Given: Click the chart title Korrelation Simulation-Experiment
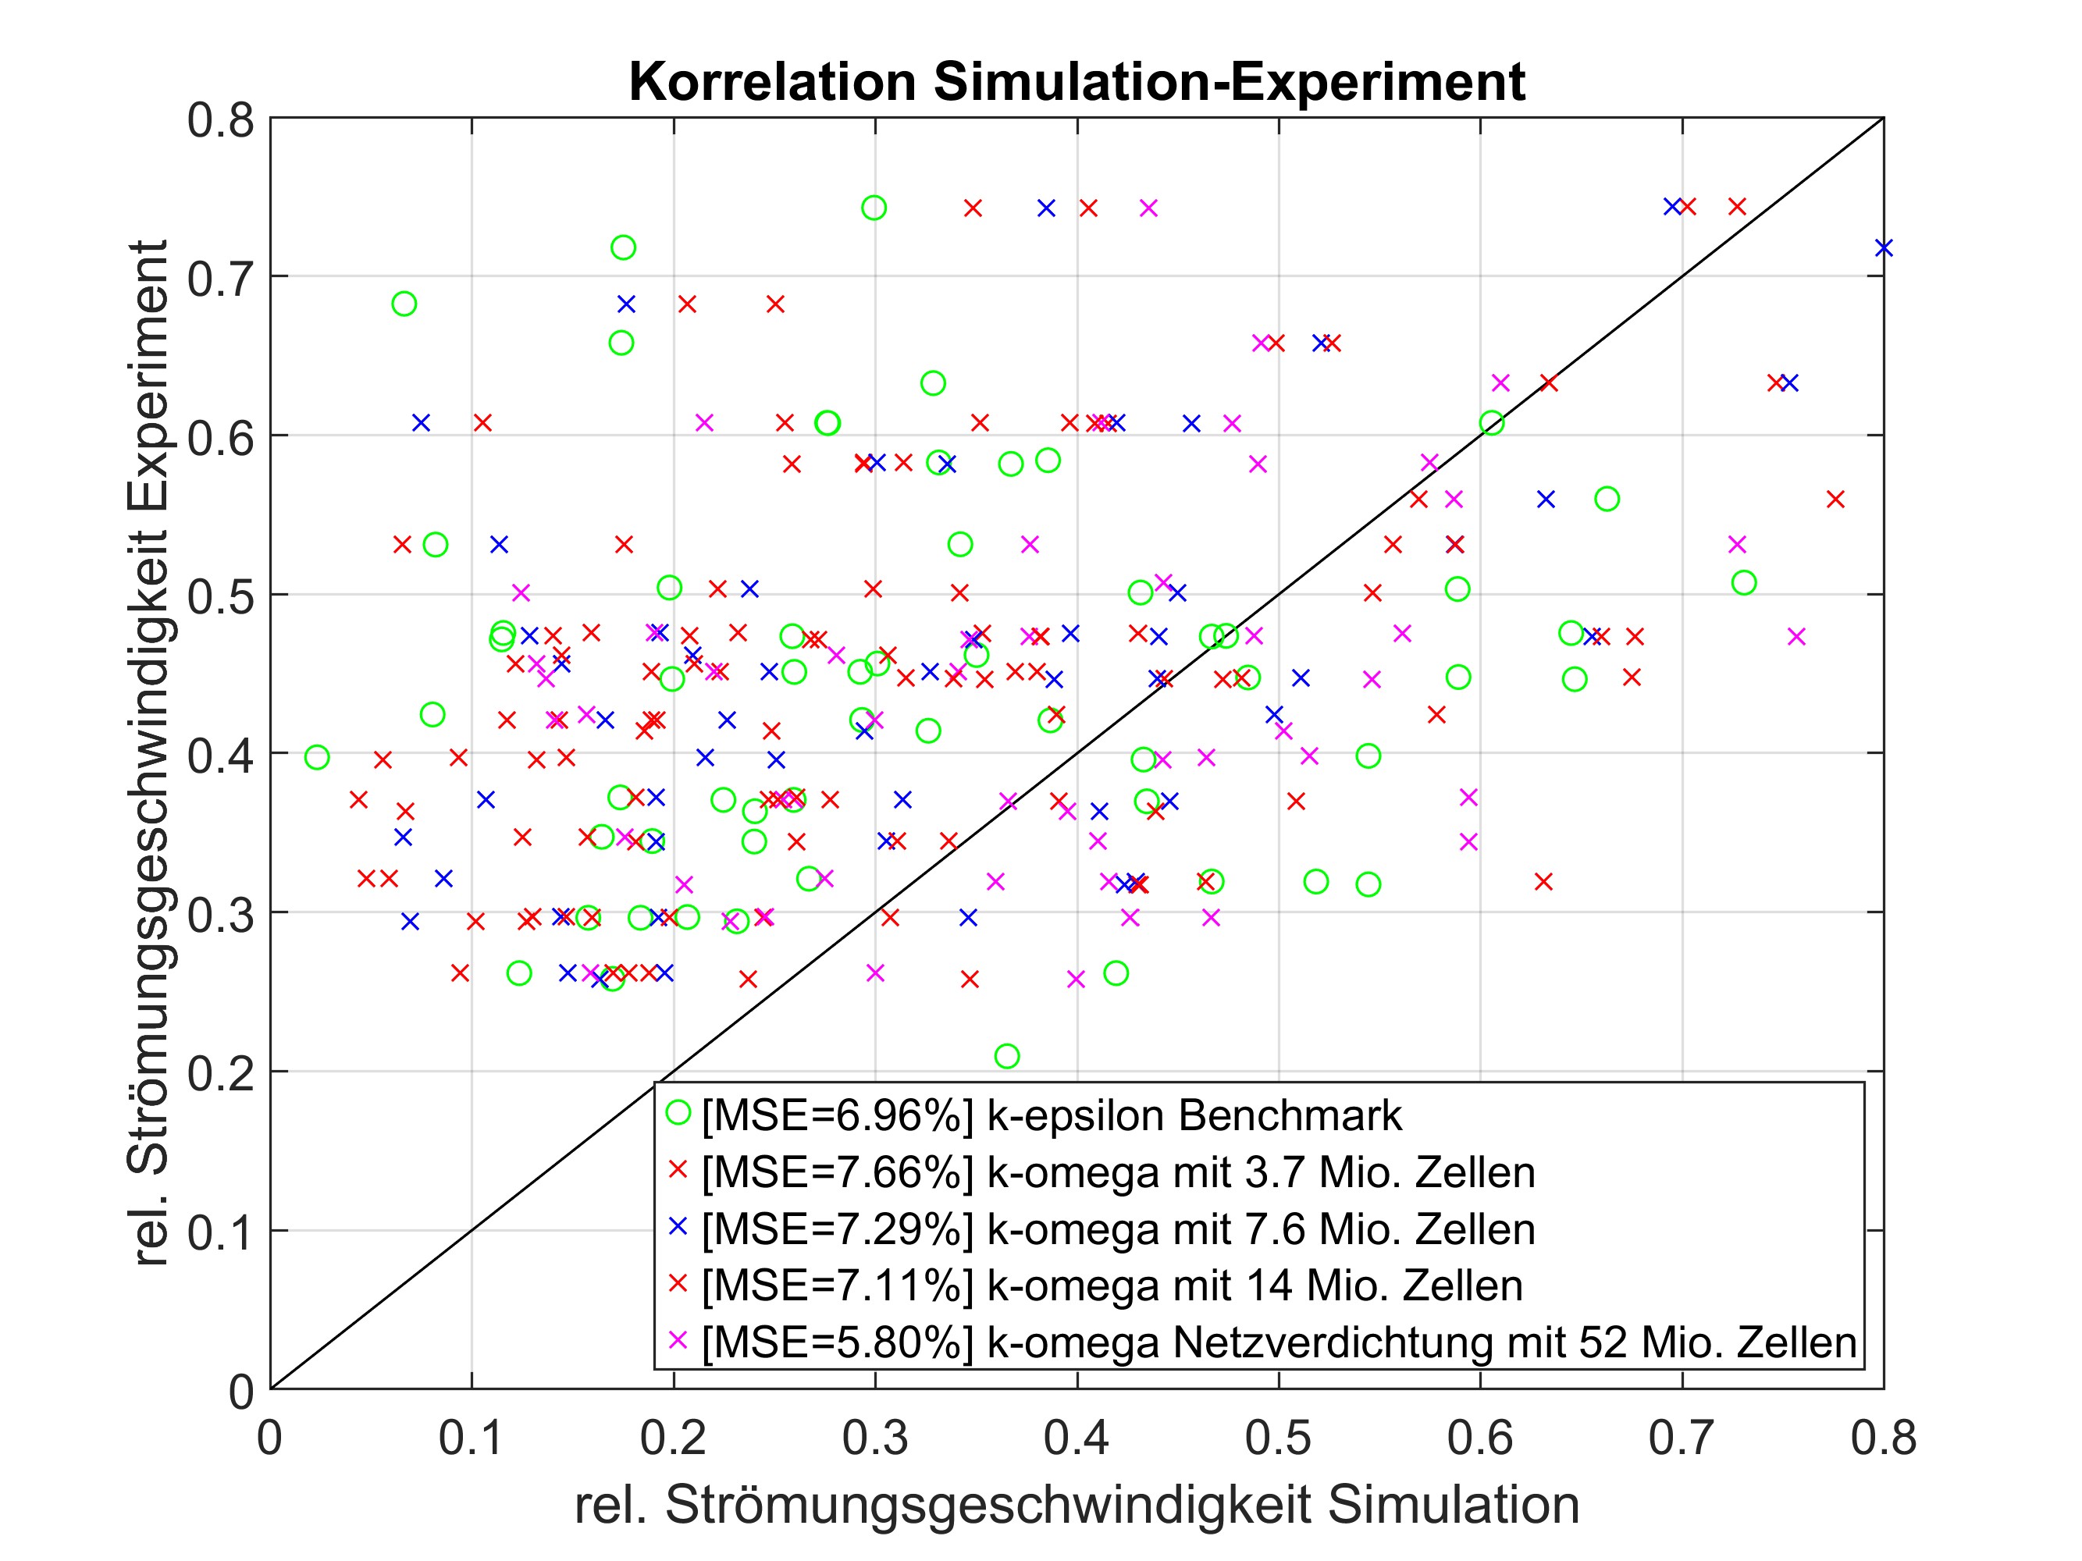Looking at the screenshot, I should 1077,82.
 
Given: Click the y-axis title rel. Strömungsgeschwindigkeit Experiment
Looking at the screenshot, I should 148,752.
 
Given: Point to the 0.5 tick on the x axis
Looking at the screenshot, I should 1278,1438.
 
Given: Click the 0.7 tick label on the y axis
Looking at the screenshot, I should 220,279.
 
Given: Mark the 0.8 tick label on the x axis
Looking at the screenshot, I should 1882,1438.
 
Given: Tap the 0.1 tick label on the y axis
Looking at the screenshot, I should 220,1233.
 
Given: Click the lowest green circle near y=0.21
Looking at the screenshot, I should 1007,1057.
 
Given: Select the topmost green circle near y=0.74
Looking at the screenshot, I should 874,208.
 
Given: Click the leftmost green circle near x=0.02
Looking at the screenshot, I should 317,757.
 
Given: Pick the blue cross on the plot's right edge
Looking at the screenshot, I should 1882,248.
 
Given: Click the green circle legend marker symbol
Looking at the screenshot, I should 678,1113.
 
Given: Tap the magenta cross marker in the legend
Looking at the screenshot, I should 678,1339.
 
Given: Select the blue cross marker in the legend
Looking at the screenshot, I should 678,1226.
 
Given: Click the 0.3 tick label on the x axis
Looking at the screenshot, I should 874,1438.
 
